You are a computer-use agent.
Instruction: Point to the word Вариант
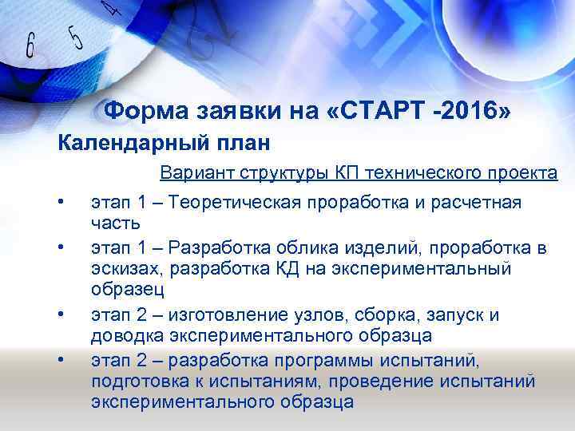click(192, 174)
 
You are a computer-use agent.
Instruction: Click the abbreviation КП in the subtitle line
click(348, 174)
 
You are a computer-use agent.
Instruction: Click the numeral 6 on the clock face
click(30, 46)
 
